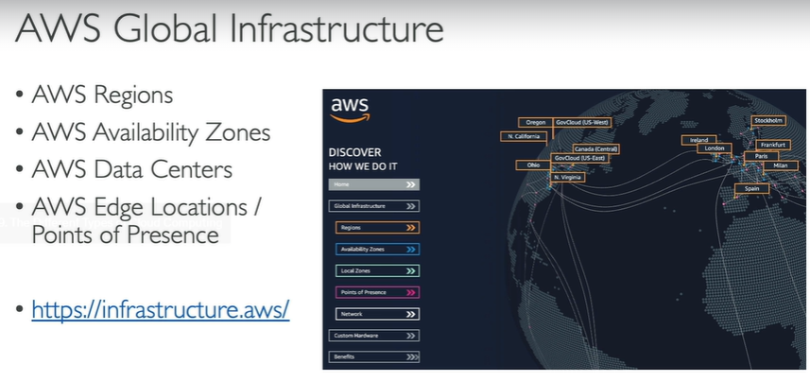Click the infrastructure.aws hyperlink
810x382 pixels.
tap(160, 308)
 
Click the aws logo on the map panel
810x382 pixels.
tap(349, 109)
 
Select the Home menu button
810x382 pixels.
tap(374, 185)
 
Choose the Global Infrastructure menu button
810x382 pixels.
tap(374, 205)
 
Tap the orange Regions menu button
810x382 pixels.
tap(377, 227)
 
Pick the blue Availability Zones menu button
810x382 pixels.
tap(377, 249)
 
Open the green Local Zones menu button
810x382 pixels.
tap(377, 270)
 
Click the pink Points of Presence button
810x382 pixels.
tap(377, 292)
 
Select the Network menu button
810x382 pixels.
tap(377, 314)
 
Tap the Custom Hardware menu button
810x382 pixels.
tap(374, 336)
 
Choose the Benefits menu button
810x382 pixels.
tap(374, 357)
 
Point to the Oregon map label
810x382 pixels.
tap(535, 122)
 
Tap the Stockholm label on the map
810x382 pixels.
tap(767, 120)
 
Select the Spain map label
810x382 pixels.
tap(751, 188)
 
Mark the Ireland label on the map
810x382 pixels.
tap(698, 140)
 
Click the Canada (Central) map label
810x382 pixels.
tap(595, 148)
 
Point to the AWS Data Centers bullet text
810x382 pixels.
tap(132, 170)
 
